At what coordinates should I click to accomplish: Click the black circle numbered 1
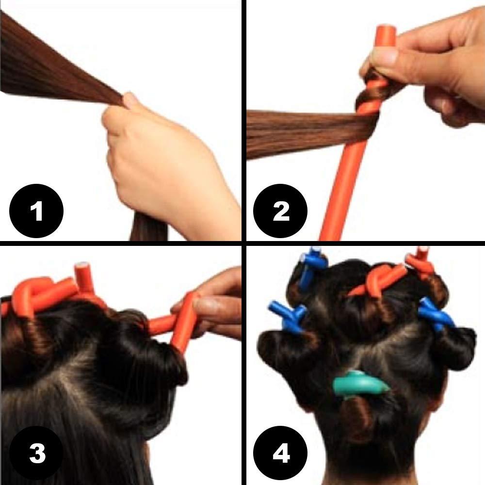click(x=36, y=211)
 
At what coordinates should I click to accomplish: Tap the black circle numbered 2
click(x=281, y=211)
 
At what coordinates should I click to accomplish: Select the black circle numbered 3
click(x=36, y=453)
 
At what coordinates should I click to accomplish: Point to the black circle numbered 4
click(x=281, y=453)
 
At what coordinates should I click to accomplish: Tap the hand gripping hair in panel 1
click(x=160, y=160)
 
